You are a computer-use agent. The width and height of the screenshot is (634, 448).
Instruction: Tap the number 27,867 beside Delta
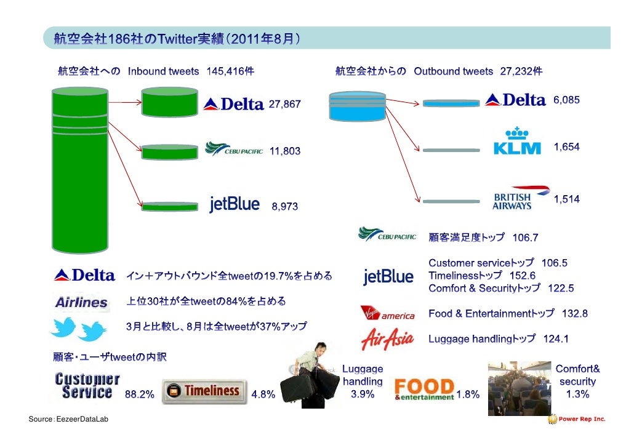tap(285, 105)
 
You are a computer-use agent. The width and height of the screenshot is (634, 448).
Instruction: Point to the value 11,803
tap(285, 151)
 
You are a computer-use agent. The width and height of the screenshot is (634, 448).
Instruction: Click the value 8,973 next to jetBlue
tap(285, 207)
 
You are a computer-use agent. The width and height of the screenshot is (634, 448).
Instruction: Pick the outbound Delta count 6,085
tap(566, 100)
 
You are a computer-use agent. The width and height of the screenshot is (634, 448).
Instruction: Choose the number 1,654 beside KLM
tap(566, 147)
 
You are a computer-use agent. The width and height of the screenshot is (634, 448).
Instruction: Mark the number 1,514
tap(566, 199)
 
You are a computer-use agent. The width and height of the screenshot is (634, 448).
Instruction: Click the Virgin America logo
tap(387, 313)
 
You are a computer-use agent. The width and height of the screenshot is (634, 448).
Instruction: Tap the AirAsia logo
tap(387, 338)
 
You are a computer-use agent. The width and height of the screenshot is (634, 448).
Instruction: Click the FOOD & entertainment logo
tap(425, 390)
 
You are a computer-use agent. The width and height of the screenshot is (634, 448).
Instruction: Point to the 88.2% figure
tap(140, 395)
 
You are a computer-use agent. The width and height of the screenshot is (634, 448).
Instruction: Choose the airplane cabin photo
tap(518, 386)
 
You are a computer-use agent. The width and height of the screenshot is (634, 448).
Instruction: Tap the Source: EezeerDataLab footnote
tap(61, 419)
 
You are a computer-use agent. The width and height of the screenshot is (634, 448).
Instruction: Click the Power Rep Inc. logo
tap(577, 419)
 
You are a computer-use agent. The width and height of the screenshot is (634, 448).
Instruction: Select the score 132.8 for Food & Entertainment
tap(574, 314)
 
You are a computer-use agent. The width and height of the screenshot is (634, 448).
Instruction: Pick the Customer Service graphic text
tap(84, 385)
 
